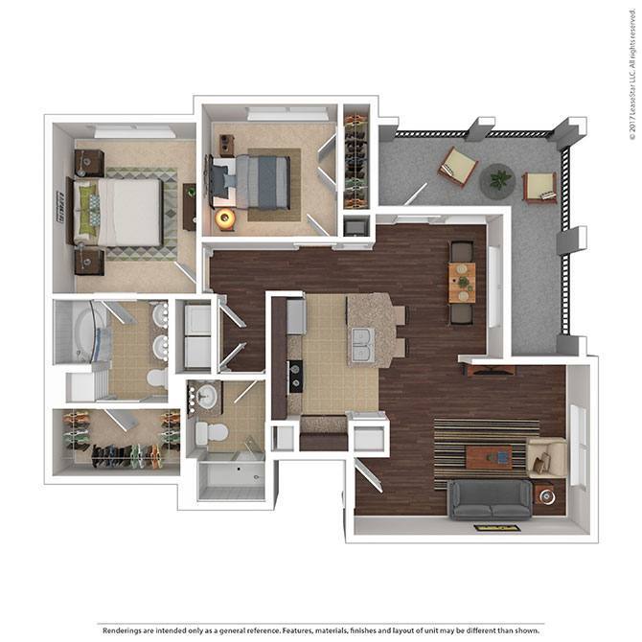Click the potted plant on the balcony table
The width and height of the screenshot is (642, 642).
(497, 178)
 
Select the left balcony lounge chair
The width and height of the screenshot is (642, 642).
(458, 167)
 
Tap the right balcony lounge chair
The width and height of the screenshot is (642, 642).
(540, 186)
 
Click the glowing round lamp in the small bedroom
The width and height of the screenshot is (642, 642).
(226, 218)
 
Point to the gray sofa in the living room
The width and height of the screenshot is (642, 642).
(491, 498)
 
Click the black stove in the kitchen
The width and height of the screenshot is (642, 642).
(296, 375)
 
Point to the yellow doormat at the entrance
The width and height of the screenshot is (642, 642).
(496, 527)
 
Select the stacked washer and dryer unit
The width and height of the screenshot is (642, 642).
(197, 336)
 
